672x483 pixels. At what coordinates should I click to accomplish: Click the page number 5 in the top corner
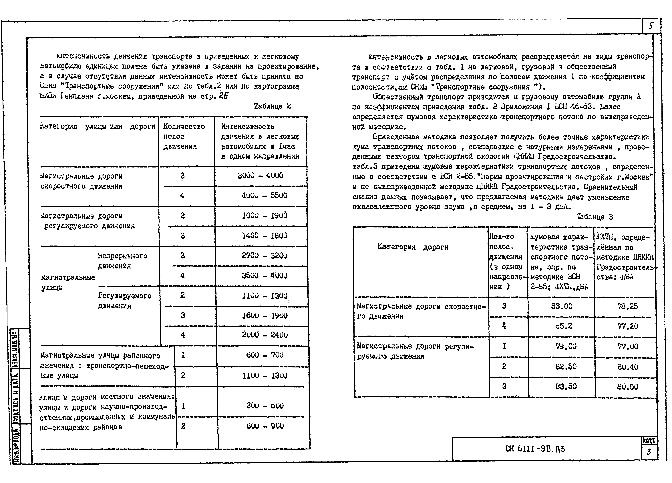[650, 26]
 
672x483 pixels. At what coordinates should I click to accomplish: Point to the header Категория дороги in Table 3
[413, 247]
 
